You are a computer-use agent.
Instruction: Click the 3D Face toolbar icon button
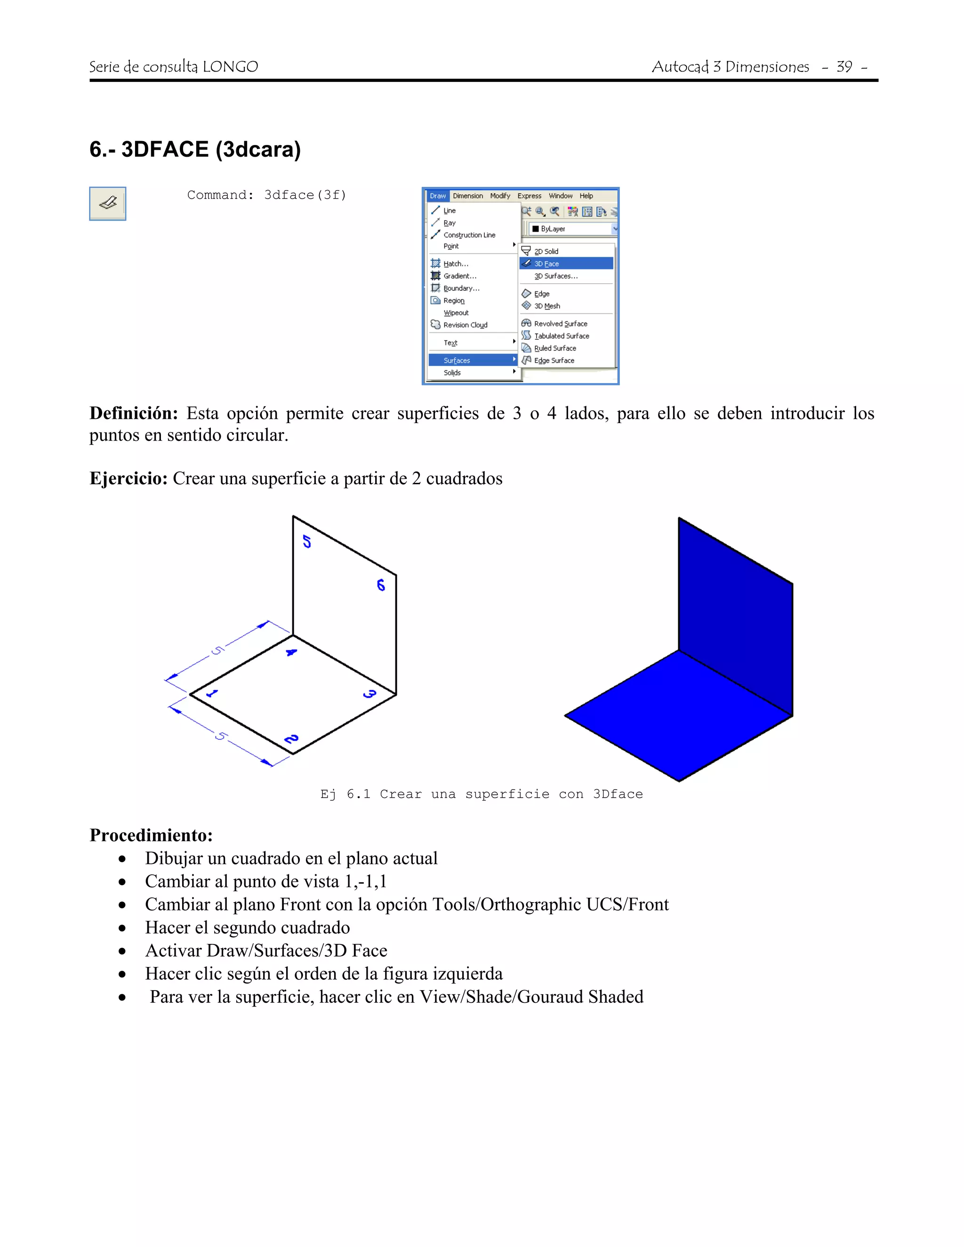click(107, 203)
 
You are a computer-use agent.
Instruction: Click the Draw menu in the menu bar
click(437, 196)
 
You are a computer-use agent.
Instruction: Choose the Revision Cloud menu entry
click(465, 325)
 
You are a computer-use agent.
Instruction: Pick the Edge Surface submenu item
click(554, 360)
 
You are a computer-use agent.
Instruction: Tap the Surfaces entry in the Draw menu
click(457, 360)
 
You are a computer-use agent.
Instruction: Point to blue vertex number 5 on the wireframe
click(307, 541)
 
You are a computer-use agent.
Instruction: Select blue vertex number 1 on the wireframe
click(212, 694)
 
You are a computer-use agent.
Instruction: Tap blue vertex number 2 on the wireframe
click(291, 739)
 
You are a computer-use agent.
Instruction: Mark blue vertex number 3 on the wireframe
click(370, 694)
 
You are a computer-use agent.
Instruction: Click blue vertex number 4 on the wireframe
click(291, 652)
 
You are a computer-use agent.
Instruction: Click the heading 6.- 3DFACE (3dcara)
click(195, 150)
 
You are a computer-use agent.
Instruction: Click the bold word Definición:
click(134, 413)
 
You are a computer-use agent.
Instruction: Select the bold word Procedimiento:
click(151, 835)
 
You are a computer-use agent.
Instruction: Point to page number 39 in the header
click(844, 67)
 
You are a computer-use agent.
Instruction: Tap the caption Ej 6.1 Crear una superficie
click(481, 794)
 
